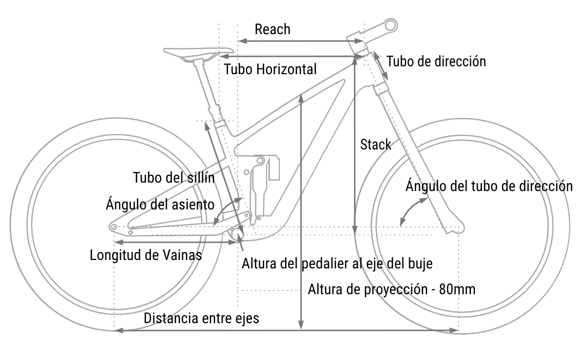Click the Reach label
pyautogui.click(x=273, y=29)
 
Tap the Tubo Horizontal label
pyautogui.click(x=270, y=69)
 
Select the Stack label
pyautogui.click(x=376, y=145)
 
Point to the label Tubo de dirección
pyautogui.click(x=436, y=62)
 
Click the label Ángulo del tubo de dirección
pyautogui.click(x=489, y=186)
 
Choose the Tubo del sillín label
pyautogui.click(x=174, y=177)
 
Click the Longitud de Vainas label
pyautogui.click(x=146, y=255)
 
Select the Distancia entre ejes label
pyautogui.click(x=201, y=318)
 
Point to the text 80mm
pyautogui.click(x=457, y=289)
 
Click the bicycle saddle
pyautogui.click(x=198, y=53)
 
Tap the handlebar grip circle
pyautogui.click(x=391, y=26)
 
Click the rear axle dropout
pyautogui.click(x=114, y=227)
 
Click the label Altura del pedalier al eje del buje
pyautogui.click(x=337, y=264)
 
